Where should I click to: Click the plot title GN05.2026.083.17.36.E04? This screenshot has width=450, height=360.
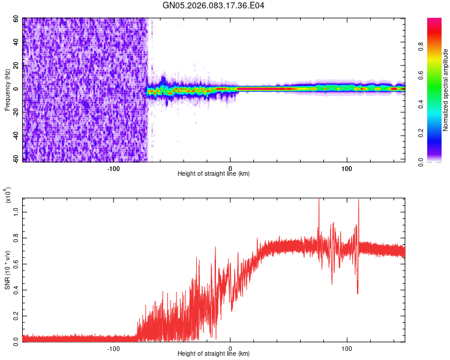(x=214, y=5)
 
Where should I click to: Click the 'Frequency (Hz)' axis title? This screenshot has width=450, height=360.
(x=7, y=90)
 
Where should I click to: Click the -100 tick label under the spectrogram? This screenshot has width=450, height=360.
(x=114, y=168)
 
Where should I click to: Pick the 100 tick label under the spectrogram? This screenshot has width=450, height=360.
(x=347, y=168)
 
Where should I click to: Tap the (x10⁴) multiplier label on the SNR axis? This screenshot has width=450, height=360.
(x=8, y=195)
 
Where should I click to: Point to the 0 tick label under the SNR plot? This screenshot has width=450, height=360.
(x=230, y=348)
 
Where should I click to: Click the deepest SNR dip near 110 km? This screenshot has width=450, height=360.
(x=358, y=293)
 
